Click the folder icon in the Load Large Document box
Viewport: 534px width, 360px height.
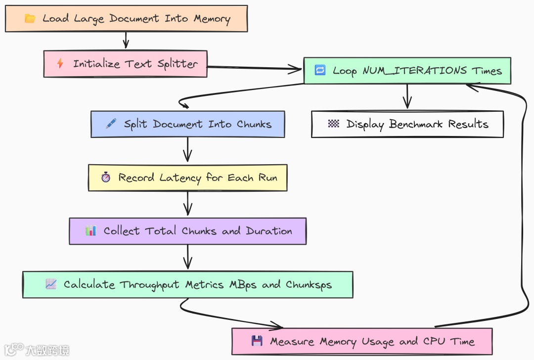click(x=30, y=19)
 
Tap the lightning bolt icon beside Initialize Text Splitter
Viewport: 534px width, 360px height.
click(x=60, y=64)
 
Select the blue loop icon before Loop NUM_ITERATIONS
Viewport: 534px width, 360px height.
click(x=320, y=70)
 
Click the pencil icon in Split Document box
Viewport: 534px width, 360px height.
click(x=111, y=124)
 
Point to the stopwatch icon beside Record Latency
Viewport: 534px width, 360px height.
click(x=105, y=178)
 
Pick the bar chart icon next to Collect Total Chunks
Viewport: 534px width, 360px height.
click(x=90, y=231)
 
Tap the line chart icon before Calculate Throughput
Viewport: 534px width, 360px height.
click(x=51, y=284)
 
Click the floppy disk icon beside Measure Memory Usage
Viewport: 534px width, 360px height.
click(x=257, y=341)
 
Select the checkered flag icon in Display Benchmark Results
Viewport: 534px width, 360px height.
click(x=334, y=124)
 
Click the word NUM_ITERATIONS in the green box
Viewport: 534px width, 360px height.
click(x=414, y=70)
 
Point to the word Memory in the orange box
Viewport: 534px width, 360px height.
click(x=212, y=19)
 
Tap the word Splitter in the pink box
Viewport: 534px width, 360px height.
click(x=178, y=64)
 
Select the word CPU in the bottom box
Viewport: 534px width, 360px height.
click(x=434, y=341)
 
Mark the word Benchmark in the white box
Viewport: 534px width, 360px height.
click(x=417, y=124)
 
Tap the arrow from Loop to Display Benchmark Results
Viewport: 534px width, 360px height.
click(x=407, y=96)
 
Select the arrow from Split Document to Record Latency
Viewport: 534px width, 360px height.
click(x=187, y=150)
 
